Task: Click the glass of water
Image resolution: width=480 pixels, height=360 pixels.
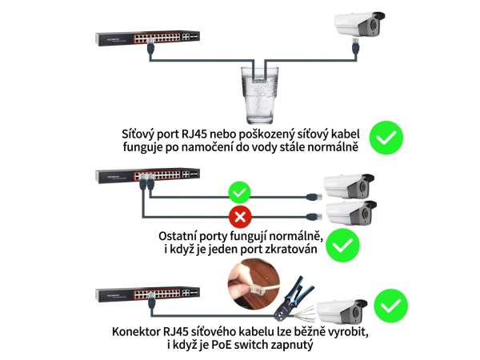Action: pyautogui.click(x=259, y=95)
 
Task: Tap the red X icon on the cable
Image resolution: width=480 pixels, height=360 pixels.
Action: pyautogui.click(x=240, y=217)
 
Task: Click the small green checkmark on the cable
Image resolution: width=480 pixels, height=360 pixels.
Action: pyautogui.click(x=240, y=193)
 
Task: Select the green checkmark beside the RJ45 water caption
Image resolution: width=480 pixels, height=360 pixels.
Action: pyautogui.click(x=386, y=138)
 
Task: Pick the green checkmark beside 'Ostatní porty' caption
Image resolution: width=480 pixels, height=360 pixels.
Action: pyautogui.click(x=342, y=245)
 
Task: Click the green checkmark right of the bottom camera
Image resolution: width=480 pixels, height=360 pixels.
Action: pyautogui.click(x=391, y=306)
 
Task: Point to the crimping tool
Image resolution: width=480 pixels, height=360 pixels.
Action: pyautogui.click(x=294, y=298)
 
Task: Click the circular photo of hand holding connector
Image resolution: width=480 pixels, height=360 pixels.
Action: pyautogui.click(x=254, y=283)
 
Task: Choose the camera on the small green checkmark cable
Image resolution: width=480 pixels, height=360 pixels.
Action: pyautogui.click(x=350, y=186)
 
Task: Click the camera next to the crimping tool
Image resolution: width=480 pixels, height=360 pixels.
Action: pyautogui.click(x=342, y=312)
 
